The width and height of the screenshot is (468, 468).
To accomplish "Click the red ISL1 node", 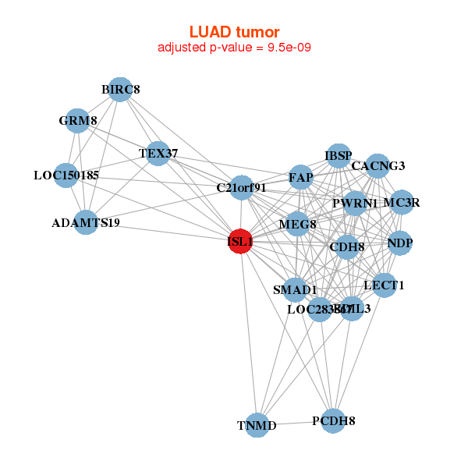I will pos(240,242).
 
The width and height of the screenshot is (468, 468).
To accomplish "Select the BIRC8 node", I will pos(119,90).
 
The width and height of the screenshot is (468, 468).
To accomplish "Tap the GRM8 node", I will pos(77,121).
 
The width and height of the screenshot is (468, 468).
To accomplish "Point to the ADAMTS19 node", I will pos(85,222).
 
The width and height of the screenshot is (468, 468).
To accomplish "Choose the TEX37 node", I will pos(154,154).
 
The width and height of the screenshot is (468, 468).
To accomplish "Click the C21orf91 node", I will pos(242,187).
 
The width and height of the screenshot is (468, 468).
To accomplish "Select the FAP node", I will pos(300,177).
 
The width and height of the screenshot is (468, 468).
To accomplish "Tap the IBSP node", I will pos(339,155).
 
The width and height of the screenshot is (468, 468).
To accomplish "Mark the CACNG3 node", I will pos(378,165).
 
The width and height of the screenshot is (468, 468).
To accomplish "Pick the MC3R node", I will pos(402,203).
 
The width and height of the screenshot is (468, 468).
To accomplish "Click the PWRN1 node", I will pos(355,204).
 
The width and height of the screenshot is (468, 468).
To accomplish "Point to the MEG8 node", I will pos(297,225).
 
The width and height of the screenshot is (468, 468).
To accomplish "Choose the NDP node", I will pos(399,243).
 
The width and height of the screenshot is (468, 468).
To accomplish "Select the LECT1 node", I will pos(384,285).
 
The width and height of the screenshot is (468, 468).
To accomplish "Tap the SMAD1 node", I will pos(295,289).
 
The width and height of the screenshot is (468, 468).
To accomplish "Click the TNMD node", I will pos(257,425).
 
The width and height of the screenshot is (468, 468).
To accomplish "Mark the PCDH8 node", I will pos(333,420).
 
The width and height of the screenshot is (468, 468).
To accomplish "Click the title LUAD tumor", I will pos(234,31).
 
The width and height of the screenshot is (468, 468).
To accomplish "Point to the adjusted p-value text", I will pos(234,47).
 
